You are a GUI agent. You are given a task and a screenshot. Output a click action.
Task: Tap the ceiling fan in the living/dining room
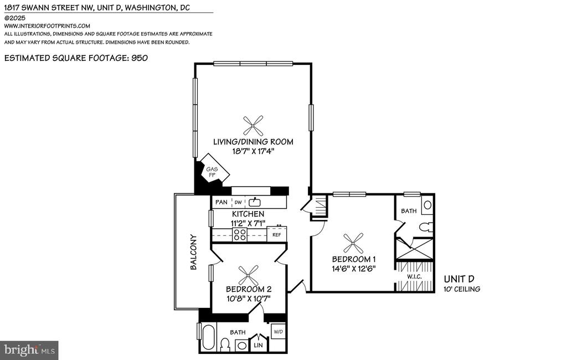[253, 126]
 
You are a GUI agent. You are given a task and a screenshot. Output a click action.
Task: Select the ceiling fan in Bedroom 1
[353, 243]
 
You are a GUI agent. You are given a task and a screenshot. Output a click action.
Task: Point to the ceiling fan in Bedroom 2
[249, 275]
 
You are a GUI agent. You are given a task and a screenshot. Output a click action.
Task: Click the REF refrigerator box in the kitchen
[277, 234]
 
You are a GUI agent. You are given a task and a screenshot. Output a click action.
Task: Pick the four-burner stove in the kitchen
[239, 234]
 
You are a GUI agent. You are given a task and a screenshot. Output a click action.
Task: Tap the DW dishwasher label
[238, 202]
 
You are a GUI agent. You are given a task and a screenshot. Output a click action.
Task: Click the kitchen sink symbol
[255, 202]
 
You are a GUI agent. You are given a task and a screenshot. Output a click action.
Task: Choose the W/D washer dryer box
[279, 331]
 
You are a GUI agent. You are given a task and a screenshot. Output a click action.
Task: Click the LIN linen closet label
[258, 345]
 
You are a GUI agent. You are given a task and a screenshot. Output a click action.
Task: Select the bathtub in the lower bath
[209, 337]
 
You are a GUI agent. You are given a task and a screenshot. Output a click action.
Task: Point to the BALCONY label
[193, 252]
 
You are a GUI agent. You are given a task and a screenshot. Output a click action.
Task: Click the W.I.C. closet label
[414, 277]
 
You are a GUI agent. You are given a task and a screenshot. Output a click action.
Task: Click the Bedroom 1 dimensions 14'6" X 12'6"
[354, 269]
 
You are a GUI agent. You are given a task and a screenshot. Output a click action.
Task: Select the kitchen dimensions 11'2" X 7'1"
[248, 223]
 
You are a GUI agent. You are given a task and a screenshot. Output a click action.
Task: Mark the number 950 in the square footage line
[140, 58]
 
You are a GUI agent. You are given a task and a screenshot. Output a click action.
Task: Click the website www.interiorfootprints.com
[47, 25]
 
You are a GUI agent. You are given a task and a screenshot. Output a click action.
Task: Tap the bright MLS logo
[29, 350]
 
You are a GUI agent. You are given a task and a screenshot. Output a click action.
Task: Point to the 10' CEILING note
[462, 289]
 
